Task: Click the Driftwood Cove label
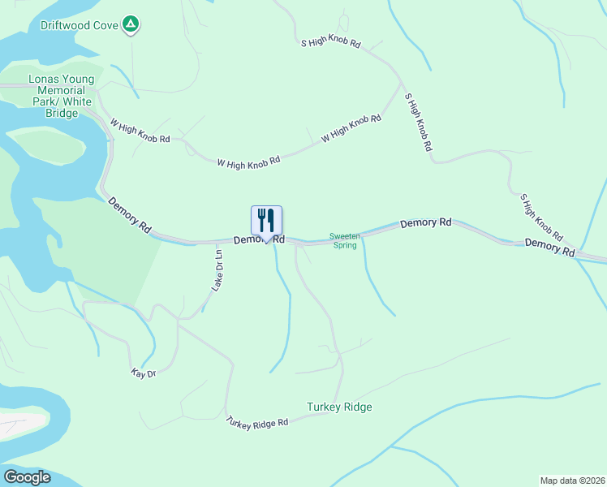(80, 25)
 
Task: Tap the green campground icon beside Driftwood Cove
(130, 25)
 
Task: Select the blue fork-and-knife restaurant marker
(266, 221)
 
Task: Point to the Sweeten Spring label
(344, 240)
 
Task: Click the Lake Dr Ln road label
(217, 270)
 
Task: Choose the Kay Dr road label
(143, 373)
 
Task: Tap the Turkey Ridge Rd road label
(257, 423)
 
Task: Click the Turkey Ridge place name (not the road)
(339, 407)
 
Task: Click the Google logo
(27, 477)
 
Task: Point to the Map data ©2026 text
(572, 480)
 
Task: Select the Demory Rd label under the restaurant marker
(259, 239)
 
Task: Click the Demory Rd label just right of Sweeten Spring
(425, 222)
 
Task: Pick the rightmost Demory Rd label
(549, 248)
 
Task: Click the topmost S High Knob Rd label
(329, 42)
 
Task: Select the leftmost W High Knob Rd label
(140, 132)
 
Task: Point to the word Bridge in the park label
(61, 114)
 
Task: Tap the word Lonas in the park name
(45, 80)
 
